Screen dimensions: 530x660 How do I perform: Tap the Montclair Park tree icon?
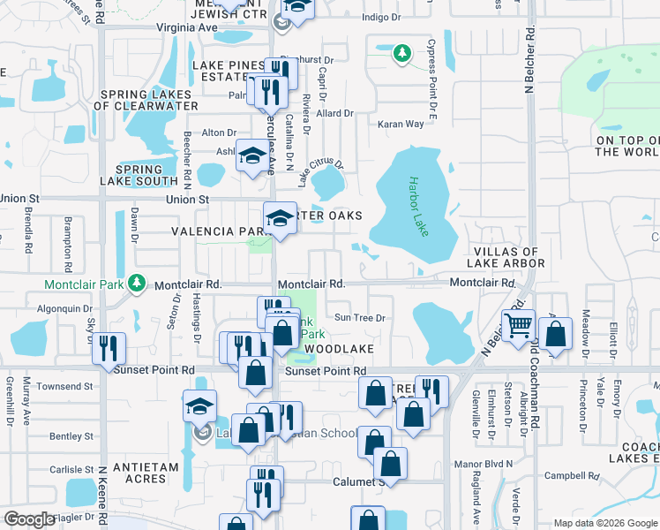tap(136, 282)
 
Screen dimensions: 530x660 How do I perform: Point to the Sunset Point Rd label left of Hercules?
tap(154, 370)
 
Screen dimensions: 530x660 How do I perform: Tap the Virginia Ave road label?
tap(187, 27)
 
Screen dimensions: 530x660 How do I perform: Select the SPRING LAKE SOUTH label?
tap(139, 175)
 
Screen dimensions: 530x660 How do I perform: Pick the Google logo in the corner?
tap(29, 519)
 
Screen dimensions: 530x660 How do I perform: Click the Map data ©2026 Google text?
tap(604, 523)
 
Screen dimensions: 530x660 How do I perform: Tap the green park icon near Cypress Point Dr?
tap(402, 54)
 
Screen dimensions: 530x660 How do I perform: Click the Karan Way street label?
tap(401, 125)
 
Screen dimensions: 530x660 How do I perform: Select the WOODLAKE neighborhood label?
tap(340, 350)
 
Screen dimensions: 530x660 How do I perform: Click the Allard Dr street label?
tap(334, 113)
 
